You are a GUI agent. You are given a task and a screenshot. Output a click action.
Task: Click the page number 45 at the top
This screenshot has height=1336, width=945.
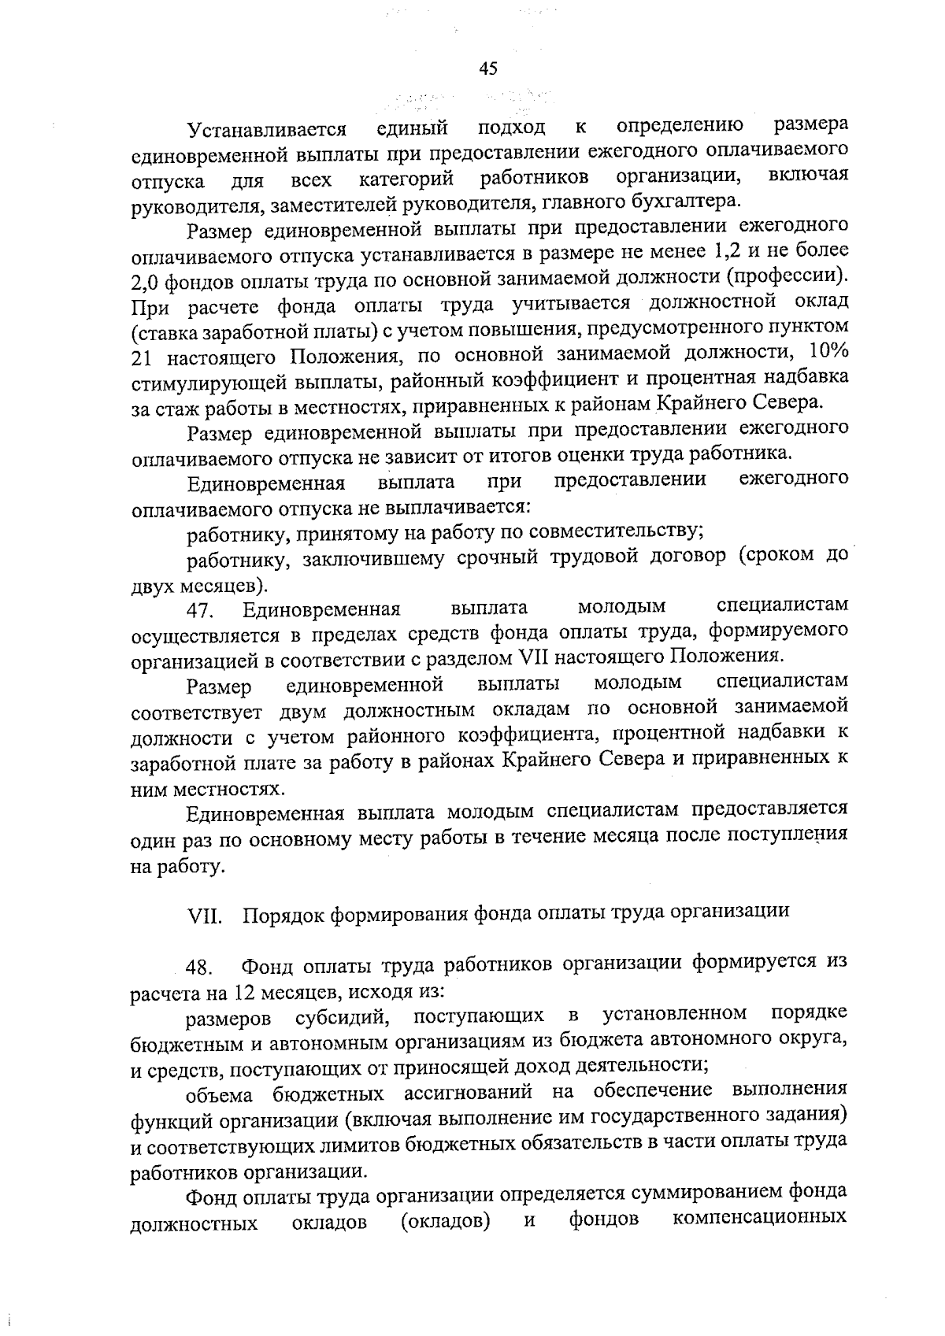pyautogui.click(x=488, y=69)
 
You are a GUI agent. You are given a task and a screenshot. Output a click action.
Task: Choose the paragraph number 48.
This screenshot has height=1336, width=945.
pyautogui.click(x=200, y=966)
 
